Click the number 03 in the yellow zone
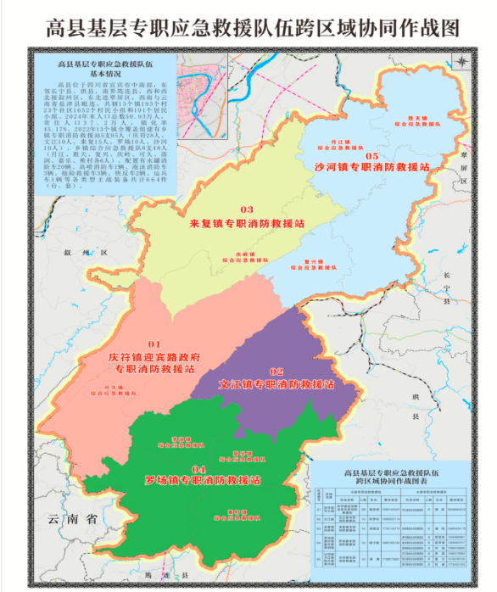point(247,209)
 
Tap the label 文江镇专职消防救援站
point(276,384)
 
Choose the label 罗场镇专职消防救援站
point(202,480)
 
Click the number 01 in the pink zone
point(154,343)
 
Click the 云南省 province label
point(74,519)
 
